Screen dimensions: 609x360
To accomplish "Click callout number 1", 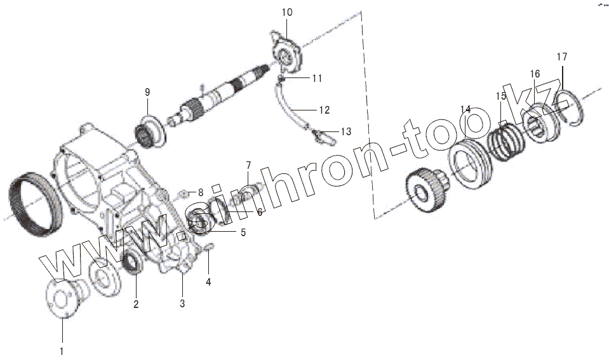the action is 62,349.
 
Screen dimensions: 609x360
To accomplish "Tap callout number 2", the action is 136,304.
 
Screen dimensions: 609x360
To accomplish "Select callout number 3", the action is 182,303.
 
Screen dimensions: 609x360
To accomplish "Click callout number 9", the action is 147,93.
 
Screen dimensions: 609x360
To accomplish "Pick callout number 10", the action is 286,12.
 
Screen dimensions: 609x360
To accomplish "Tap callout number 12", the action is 324,110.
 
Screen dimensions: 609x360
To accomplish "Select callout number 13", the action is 345,131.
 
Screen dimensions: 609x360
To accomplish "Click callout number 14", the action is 465,110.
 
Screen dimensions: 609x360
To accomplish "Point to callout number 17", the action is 562,57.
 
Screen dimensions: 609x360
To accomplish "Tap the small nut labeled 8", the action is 183,192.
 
